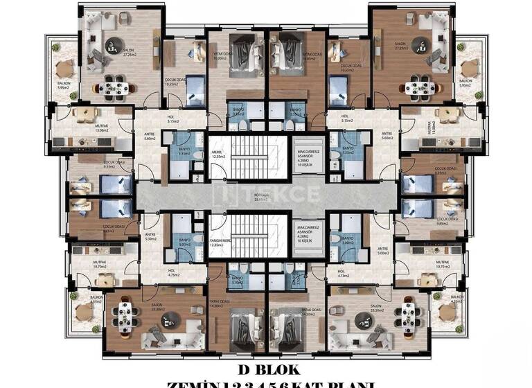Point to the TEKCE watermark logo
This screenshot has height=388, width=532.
[266, 192]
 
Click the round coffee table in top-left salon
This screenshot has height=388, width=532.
[113, 47]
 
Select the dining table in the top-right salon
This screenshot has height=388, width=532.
[417, 88]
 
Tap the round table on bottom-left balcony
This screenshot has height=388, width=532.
[85, 312]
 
